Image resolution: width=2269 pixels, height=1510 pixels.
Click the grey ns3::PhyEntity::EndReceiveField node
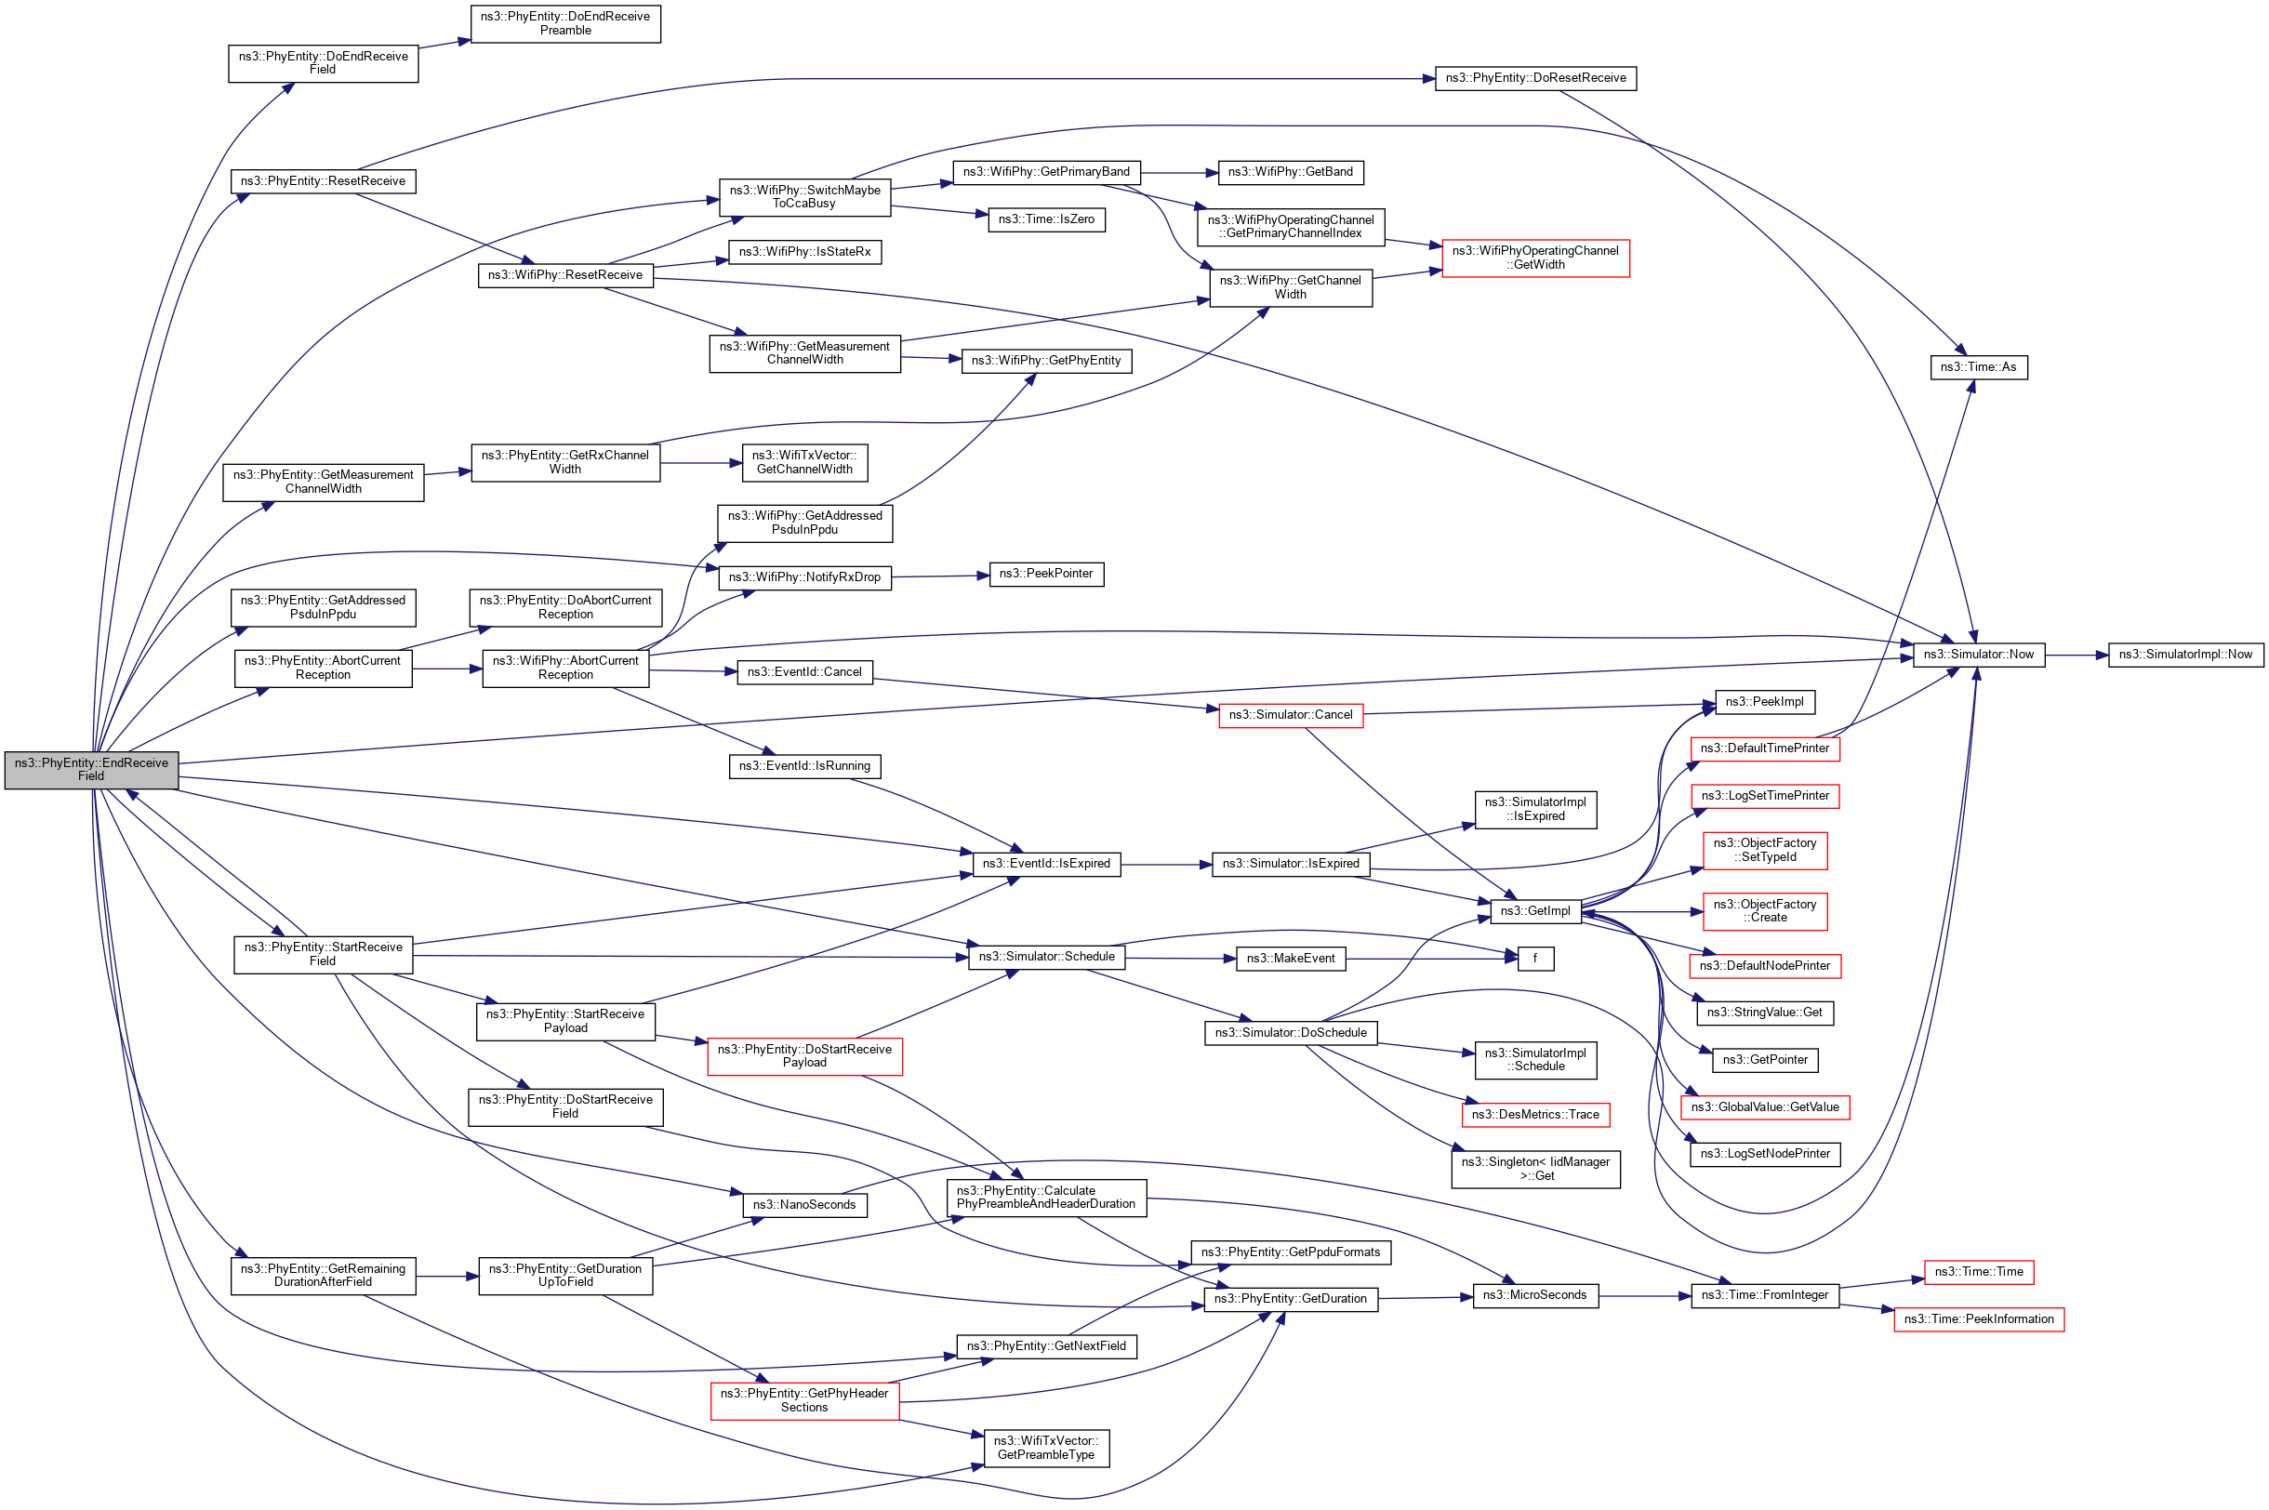click(91, 770)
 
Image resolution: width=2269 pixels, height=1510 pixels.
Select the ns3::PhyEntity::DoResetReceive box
click(1534, 78)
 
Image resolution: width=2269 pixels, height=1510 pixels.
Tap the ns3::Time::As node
click(1978, 367)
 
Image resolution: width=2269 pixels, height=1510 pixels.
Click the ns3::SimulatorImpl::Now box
click(2185, 655)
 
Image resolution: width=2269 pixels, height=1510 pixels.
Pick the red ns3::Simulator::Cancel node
click(1290, 714)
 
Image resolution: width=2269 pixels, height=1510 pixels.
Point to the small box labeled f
click(1535, 959)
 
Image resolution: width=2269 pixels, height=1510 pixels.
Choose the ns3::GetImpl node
click(1535, 911)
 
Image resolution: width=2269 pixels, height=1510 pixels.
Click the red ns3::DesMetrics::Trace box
click(1535, 1115)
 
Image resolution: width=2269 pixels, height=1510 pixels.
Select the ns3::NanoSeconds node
click(804, 1205)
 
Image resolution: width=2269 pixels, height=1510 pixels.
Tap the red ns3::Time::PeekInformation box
click(1978, 1319)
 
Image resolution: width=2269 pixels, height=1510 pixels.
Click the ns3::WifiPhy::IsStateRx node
click(804, 252)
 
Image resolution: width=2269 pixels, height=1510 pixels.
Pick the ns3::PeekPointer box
click(1046, 574)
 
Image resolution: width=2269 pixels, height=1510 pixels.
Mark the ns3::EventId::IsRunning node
click(804, 766)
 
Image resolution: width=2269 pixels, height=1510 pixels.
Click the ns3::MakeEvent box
click(1290, 959)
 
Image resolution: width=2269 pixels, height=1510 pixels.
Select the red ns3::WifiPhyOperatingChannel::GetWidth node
click(1535, 258)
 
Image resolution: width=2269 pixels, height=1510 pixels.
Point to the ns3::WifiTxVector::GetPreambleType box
click(1046, 1448)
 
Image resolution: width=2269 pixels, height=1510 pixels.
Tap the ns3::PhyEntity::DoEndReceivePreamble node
click(565, 23)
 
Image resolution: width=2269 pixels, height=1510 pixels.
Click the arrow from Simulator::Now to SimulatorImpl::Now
click(2076, 655)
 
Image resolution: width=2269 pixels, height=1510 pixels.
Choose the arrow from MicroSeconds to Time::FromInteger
click(1645, 1296)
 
